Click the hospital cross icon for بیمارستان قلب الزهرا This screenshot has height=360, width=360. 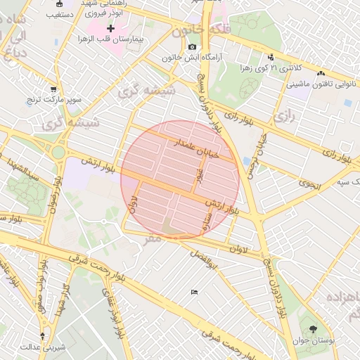click(110, 27)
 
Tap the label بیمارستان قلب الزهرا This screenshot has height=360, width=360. click(110, 39)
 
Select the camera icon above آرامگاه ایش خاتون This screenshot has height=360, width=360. click(192, 46)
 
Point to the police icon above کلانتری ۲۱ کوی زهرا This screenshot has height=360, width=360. click(271, 58)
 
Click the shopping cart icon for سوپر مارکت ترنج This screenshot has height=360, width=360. click(53, 89)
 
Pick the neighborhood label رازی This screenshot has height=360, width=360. click(283, 117)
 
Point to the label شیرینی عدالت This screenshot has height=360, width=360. click(43, 347)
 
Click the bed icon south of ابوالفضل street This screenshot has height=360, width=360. click(194, 292)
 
